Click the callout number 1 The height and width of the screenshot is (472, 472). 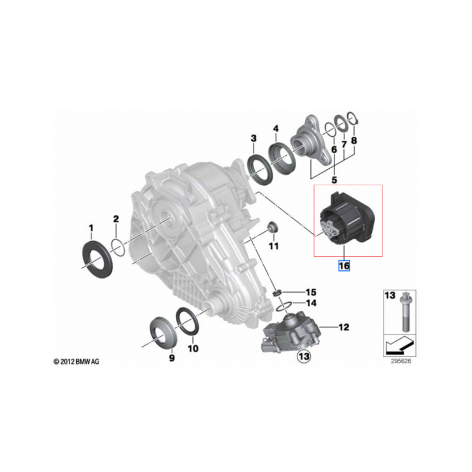click(x=91, y=227)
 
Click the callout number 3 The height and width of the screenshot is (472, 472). click(x=253, y=138)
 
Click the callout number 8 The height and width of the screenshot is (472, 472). click(x=353, y=141)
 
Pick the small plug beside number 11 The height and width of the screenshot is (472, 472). click(x=273, y=227)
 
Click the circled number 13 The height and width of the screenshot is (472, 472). click(x=303, y=356)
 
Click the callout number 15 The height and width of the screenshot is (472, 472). click(x=311, y=292)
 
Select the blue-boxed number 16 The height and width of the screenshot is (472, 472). click(x=343, y=266)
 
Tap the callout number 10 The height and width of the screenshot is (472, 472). click(x=193, y=348)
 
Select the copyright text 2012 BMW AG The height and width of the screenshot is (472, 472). click(x=76, y=361)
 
